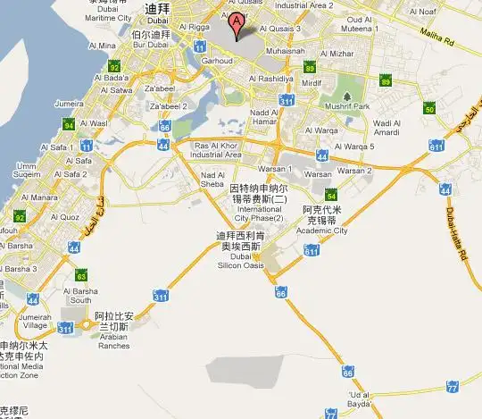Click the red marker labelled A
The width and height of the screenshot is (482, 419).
(237, 23)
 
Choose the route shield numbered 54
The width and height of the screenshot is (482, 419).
(331, 197)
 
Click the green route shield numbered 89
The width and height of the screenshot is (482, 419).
(386, 82)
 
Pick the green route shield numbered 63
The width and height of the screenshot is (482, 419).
(81, 275)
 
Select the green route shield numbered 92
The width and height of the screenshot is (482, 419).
(113, 68)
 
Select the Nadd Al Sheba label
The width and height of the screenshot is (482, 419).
(213, 180)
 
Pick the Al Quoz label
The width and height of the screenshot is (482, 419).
(64, 216)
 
